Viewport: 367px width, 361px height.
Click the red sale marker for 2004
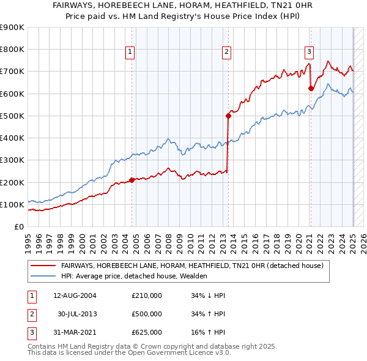click(x=132, y=180)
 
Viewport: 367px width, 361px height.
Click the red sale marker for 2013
click(x=228, y=115)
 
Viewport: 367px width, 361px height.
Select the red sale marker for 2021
click(x=311, y=88)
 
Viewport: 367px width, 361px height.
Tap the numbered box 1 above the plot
click(x=131, y=53)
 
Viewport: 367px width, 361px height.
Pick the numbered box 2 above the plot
click(x=226, y=53)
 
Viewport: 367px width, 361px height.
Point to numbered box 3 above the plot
click(x=310, y=53)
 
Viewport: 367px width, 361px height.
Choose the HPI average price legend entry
click(x=134, y=276)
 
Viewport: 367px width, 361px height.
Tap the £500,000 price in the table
click(x=147, y=314)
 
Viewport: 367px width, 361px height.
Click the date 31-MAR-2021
click(x=75, y=332)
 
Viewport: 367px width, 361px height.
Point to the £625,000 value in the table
click(x=147, y=332)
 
